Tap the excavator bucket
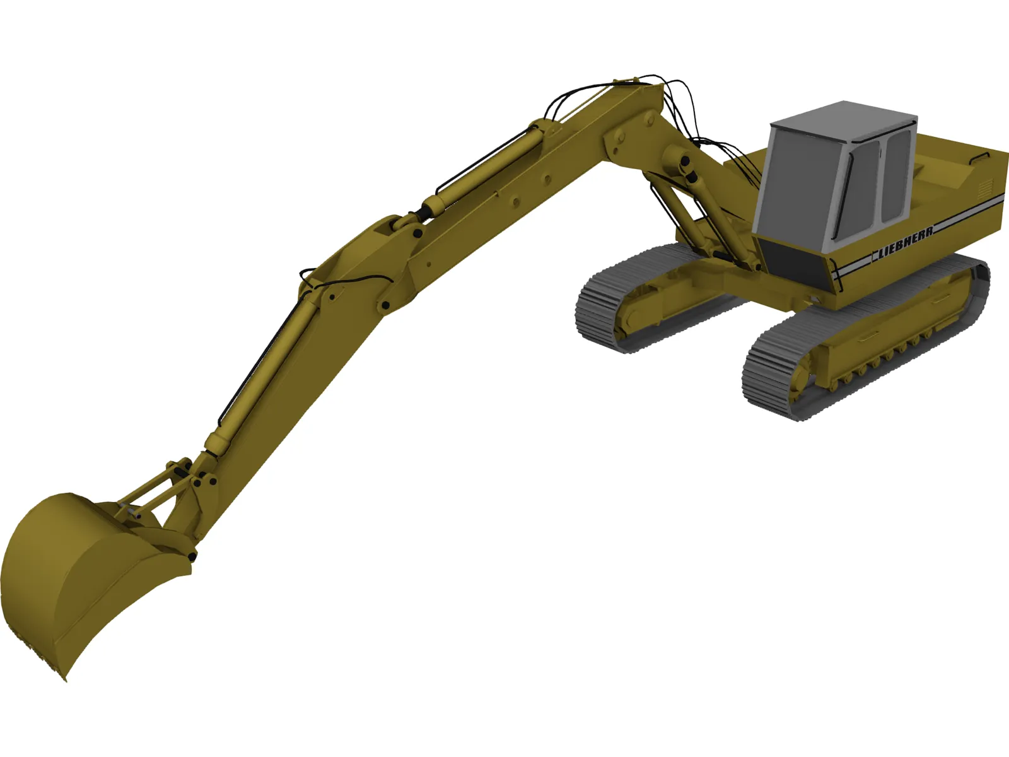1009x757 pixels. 76,580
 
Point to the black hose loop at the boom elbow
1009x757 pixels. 341,278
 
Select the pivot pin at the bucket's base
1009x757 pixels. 190,556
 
